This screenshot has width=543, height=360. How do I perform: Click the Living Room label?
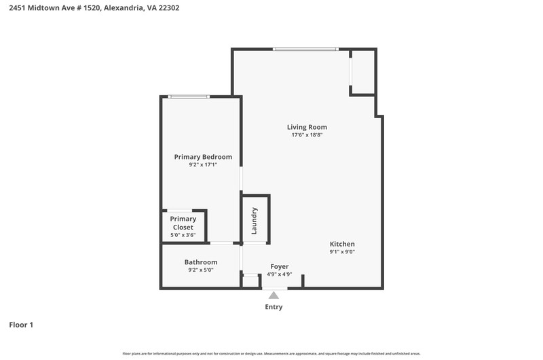pos(307,127)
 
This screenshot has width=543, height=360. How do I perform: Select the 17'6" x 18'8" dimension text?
pos(307,134)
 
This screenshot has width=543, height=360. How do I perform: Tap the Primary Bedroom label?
pos(203,157)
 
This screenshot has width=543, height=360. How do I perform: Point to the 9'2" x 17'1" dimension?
pos(203,164)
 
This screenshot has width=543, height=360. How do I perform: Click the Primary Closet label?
pos(183,223)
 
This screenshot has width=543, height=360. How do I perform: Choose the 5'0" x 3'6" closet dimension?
pos(183,235)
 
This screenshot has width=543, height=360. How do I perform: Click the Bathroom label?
pos(201,262)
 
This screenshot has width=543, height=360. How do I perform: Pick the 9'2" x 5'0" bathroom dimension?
pos(201,270)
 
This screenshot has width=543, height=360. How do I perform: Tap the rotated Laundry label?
pos(254,221)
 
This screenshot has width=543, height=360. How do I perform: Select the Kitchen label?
pos(342,244)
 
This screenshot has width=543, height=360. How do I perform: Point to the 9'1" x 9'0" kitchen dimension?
pos(342,252)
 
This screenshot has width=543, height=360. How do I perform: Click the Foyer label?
pos(280,266)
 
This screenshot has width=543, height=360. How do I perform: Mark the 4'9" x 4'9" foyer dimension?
pos(280,274)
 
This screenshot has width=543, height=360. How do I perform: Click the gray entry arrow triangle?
pos(274,295)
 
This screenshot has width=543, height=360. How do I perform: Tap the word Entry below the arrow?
pos(274,307)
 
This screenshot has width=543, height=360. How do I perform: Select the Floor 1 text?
pos(21,325)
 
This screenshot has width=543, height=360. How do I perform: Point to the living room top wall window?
pos(305,49)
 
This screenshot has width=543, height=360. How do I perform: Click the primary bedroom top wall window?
pos(189,96)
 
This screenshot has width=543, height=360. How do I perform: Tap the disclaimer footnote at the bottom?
pos(271,354)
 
